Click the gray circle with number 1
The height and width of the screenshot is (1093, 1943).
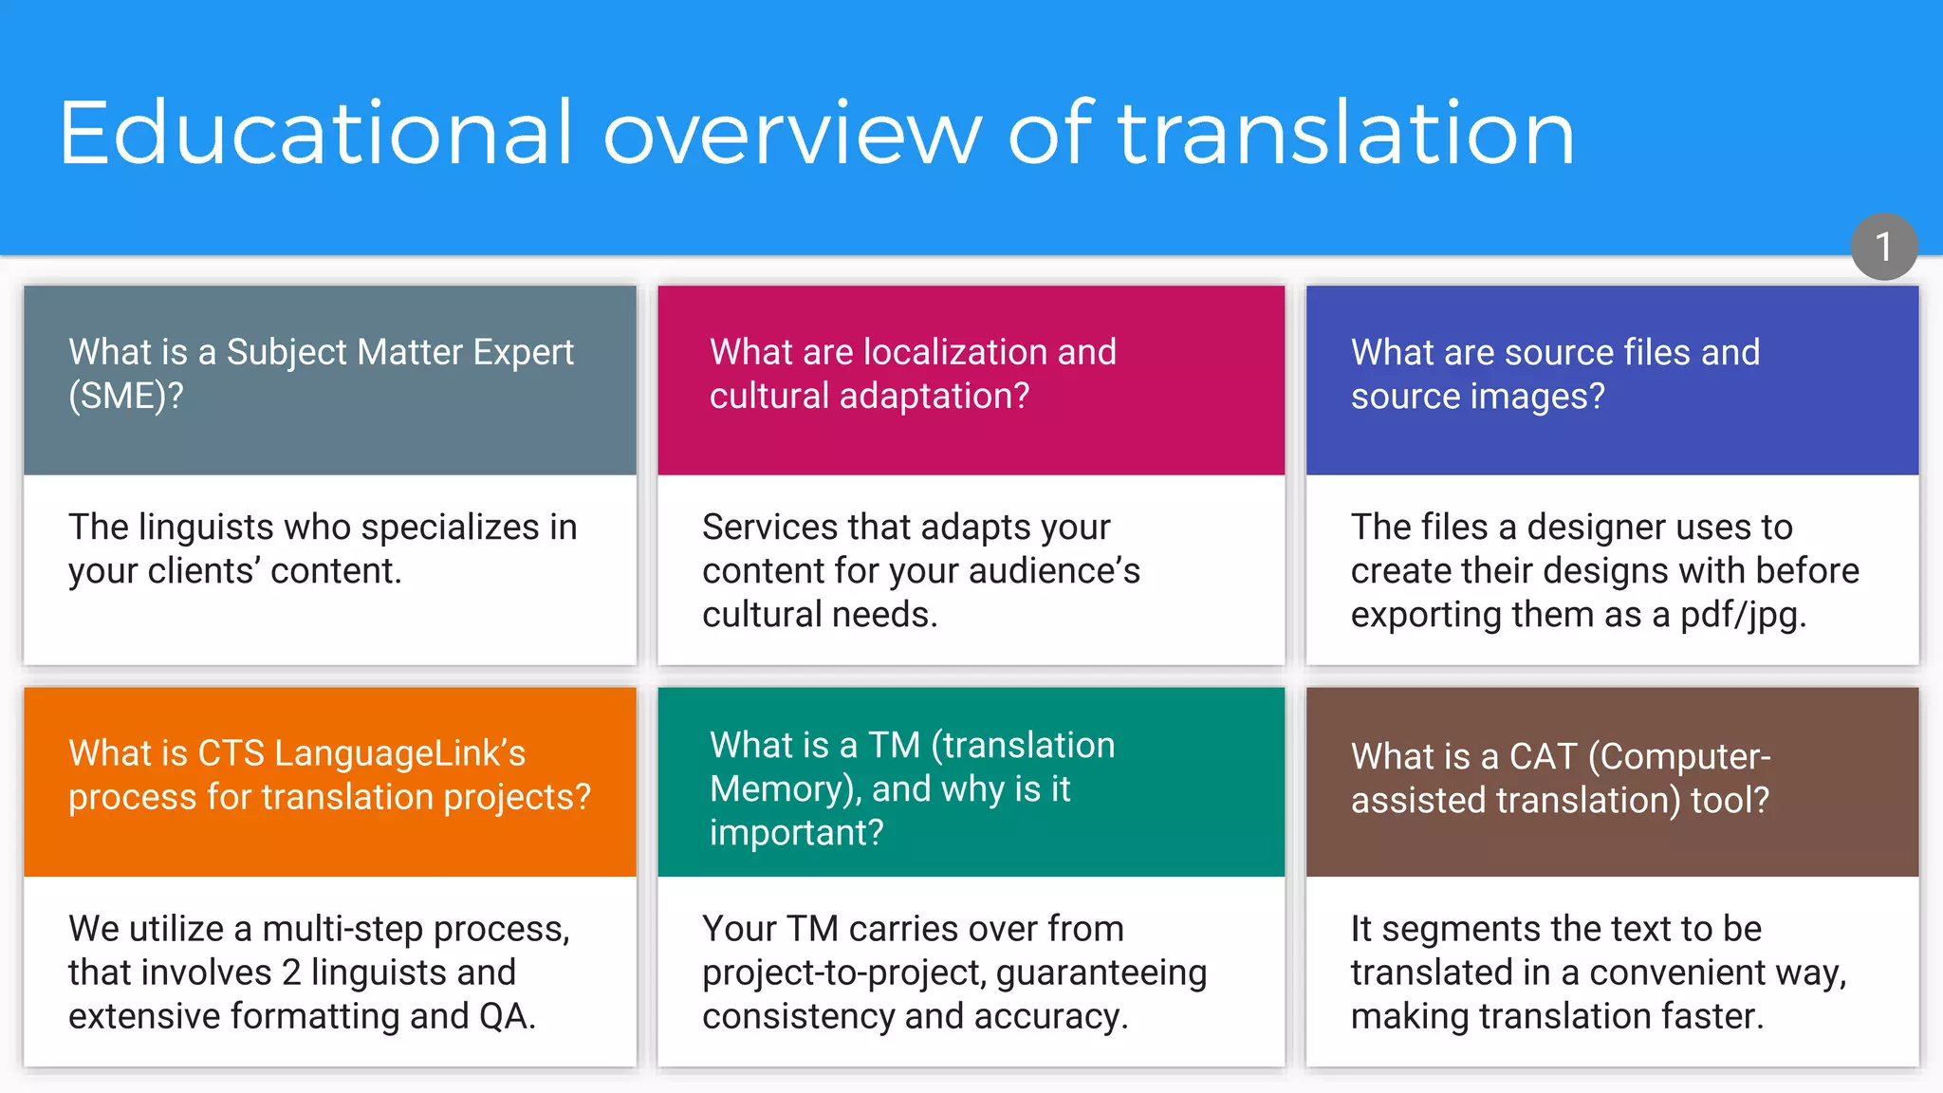pos(1884,247)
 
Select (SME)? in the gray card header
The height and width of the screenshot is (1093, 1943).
pos(125,396)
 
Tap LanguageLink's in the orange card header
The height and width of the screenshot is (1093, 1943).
pos(399,753)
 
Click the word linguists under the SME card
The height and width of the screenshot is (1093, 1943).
pos(219,528)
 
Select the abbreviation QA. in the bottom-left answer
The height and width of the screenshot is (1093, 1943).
pos(508,1016)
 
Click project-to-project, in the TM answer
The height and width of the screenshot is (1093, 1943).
pos(843,973)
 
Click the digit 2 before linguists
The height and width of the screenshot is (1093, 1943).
pos(291,973)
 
